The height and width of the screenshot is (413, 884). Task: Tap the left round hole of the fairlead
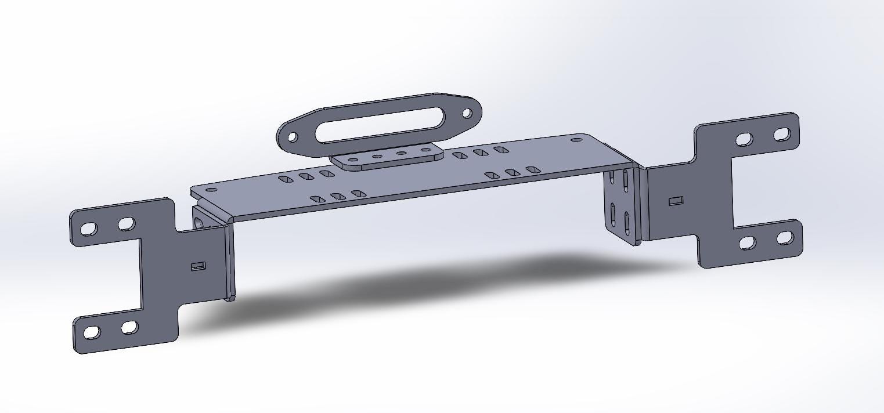[x=293, y=137]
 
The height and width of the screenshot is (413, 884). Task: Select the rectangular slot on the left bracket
[x=198, y=266]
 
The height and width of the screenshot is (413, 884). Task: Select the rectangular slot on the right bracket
[x=676, y=201]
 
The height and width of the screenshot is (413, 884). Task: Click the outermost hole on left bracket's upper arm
[x=89, y=229]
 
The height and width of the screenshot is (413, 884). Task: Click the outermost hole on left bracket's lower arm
[x=92, y=333]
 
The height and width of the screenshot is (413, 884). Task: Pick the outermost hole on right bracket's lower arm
[x=784, y=238]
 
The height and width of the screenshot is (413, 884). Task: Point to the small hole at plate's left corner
[x=211, y=190]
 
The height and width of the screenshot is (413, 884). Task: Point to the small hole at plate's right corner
[x=576, y=140]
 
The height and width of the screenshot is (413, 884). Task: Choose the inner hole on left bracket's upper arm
[x=127, y=224]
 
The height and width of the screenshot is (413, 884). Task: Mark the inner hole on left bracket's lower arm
[x=129, y=328]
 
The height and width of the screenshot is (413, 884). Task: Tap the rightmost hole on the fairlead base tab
[x=425, y=151]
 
